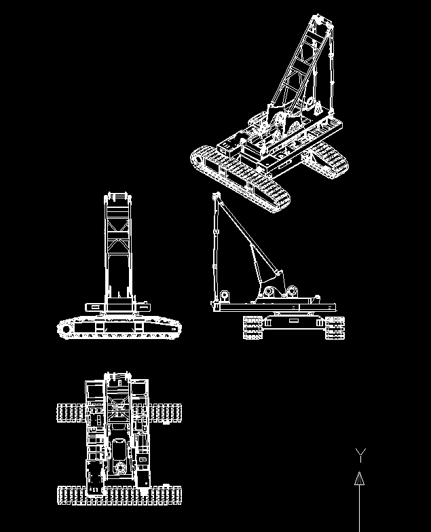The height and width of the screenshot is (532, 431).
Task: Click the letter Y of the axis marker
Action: click(x=362, y=454)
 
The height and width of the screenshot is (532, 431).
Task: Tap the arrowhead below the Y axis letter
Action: click(x=360, y=479)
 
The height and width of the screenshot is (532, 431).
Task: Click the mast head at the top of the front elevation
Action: click(x=115, y=198)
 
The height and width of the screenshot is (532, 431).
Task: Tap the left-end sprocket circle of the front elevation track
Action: click(x=65, y=330)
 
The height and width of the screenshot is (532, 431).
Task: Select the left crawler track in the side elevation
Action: click(x=252, y=328)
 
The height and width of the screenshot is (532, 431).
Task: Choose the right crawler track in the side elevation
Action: click(x=334, y=328)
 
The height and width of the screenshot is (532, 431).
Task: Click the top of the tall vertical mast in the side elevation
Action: click(x=217, y=197)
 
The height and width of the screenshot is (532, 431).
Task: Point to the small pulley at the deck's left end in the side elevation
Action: click(x=223, y=296)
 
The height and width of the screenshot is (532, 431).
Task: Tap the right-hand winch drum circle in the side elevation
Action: click(x=294, y=291)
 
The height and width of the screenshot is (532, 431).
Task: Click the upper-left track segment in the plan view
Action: click(x=70, y=412)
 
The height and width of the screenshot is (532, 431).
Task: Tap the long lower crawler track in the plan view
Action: click(x=119, y=495)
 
